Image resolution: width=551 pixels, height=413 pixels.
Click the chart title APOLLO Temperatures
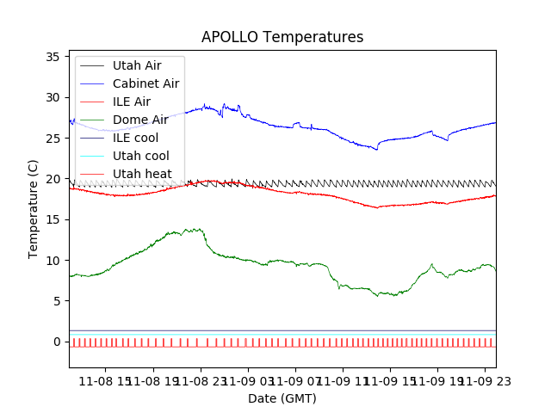pos(282,38)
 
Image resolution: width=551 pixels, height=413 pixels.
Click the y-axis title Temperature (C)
pos(34,209)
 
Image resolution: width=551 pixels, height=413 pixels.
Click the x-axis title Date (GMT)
pos(282,398)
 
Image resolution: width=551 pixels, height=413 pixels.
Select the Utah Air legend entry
pos(148,65)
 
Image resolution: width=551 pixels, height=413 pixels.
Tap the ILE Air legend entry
pos(138,102)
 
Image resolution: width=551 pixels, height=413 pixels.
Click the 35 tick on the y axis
pos(53,57)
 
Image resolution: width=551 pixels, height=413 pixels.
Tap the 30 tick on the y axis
pos(53,97)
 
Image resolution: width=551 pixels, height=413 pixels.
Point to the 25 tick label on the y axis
pos(53,138)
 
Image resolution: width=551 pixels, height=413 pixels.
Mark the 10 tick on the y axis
pos(53,260)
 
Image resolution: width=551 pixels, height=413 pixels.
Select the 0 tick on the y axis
pos(56,342)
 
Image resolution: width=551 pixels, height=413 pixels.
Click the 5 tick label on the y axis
pos(56,301)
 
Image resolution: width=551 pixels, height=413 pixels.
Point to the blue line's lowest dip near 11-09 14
pos(376,150)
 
